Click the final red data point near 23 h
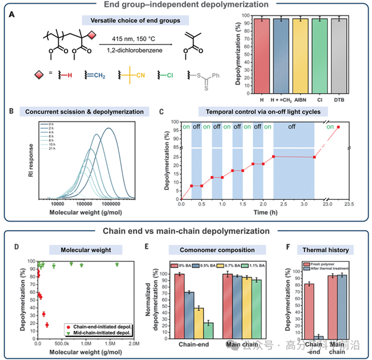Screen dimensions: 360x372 point(338,127)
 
